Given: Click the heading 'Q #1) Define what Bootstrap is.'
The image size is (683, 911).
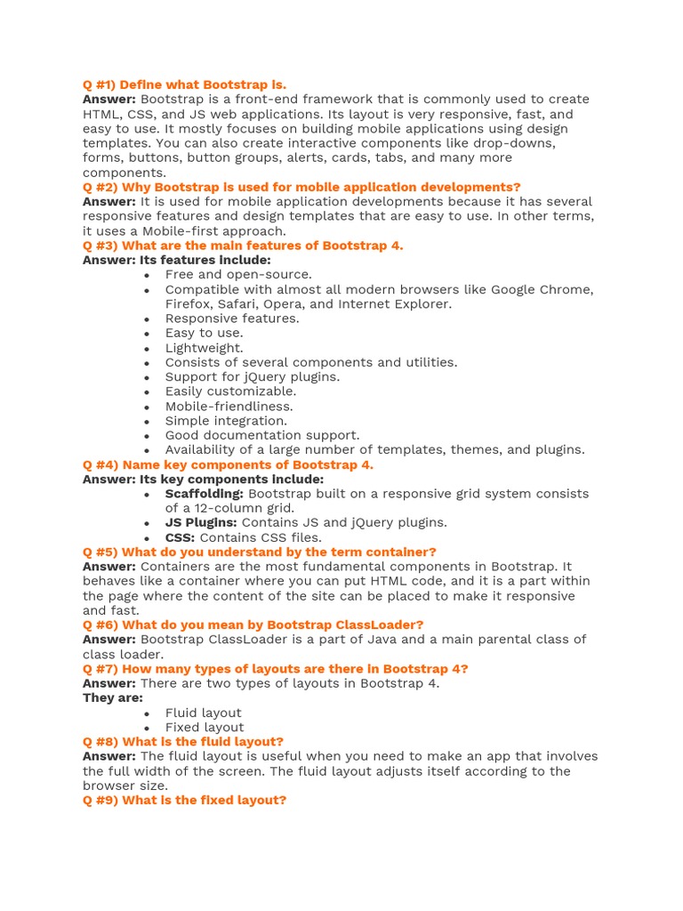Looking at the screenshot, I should tap(184, 85).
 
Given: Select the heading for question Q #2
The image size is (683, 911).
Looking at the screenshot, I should tap(301, 187).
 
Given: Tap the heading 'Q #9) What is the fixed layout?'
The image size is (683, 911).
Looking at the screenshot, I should tap(184, 800).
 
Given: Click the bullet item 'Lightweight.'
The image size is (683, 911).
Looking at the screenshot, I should tap(204, 348).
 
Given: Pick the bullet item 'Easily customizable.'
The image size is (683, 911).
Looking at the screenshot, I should tap(230, 391).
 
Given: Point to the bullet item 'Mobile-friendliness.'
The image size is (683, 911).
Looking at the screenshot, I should tap(229, 406).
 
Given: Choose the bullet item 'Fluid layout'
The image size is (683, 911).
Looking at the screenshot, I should tap(203, 713).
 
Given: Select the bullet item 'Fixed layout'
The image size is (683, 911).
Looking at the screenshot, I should tap(204, 727).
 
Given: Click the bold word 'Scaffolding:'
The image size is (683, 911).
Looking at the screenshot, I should tap(204, 494).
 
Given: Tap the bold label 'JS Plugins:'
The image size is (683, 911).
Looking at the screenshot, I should tap(201, 522).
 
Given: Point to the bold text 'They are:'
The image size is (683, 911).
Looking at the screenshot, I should tap(113, 697).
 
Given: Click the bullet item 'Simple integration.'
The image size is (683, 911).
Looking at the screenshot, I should tap(226, 421).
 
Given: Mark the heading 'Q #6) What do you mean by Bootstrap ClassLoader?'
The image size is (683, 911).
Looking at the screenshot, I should tap(253, 625).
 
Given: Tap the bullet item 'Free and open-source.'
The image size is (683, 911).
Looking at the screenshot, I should tap(238, 275).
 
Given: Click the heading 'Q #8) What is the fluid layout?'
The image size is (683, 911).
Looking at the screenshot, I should tap(183, 742).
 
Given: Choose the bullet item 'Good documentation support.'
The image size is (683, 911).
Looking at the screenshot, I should tap(262, 435).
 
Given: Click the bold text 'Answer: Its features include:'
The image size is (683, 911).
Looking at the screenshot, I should tap(177, 260).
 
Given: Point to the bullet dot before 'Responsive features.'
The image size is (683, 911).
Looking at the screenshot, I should tap(146, 319).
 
